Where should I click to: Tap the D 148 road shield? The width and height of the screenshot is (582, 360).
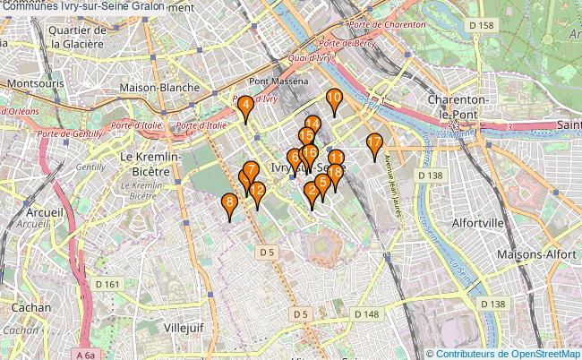click(366, 314)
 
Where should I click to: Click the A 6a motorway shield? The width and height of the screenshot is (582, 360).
click(85, 356)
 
